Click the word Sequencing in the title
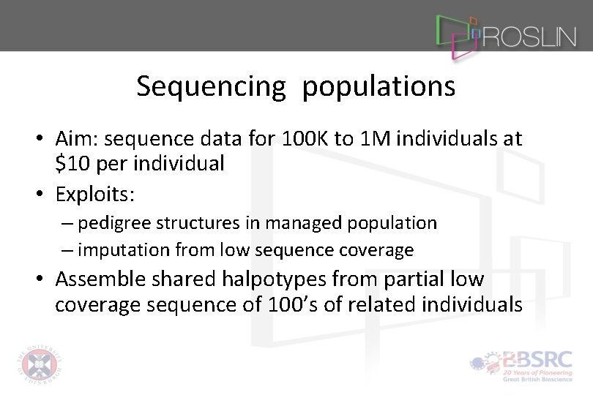click(211, 87)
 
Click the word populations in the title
click(378, 87)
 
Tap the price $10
click(71, 163)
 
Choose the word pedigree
click(109, 222)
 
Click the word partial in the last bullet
click(425, 279)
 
